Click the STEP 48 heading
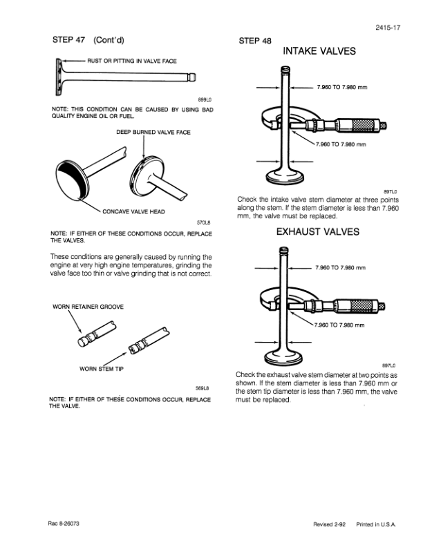click(254, 41)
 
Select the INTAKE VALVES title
click(319, 52)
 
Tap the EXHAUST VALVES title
click(318, 232)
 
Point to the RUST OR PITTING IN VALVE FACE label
click(131, 61)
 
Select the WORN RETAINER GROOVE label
click(88, 307)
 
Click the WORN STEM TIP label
click(102, 369)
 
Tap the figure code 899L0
click(204, 99)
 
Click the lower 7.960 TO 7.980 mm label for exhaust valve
click(340, 325)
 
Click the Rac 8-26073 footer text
click(66, 525)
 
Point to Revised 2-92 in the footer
click(330, 526)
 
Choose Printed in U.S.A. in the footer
click(376, 526)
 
